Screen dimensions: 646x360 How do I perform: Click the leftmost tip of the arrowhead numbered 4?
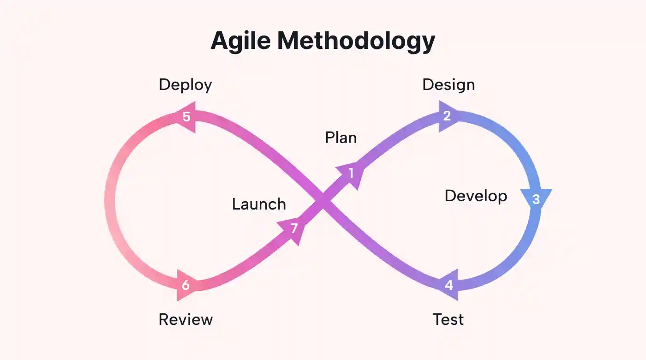pyautogui.click(x=437, y=285)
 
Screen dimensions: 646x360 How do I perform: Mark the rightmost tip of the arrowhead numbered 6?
pyautogui.click(x=198, y=285)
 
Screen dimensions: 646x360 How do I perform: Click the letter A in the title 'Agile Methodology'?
pyautogui.click(x=222, y=41)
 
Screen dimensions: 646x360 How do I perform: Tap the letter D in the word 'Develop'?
pyautogui.click(x=450, y=196)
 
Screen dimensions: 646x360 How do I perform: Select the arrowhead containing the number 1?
pyautogui.click(x=351, y=174)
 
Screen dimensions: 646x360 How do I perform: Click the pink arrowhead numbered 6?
pyautogui.click(x=187, y=285)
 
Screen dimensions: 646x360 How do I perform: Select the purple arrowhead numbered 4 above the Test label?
pyautogui.click(x=448, y=285)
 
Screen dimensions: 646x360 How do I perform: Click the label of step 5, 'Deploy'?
pyautogui.click(x=185, y=85)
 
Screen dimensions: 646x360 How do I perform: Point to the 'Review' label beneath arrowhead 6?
pyautogui.click(x=185, y=319)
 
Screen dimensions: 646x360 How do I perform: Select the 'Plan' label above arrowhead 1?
pyautogui.click(x=341, y=138)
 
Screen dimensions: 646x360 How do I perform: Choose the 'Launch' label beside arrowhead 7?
pyautogui.click(x=259, y=204)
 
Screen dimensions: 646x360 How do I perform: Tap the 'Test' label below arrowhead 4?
pyautogui.click(x=448, y=319)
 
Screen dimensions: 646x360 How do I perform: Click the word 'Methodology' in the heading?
pyautogui.click(x=356, y=42)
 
